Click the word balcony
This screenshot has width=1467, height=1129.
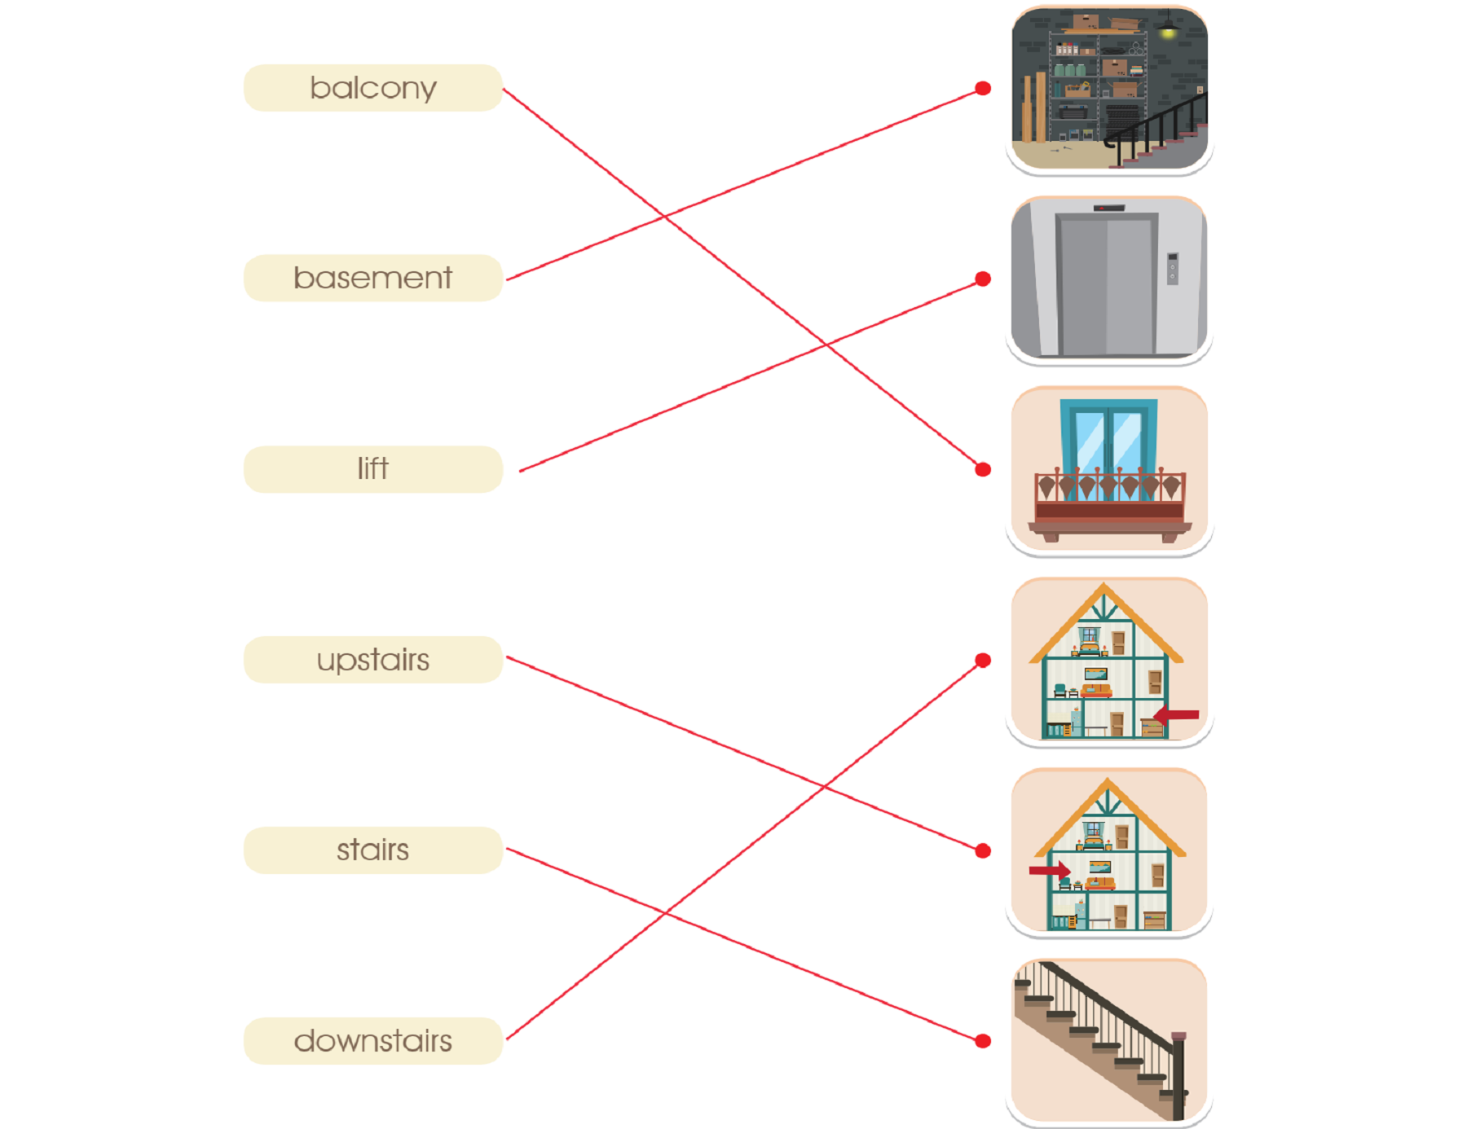pos(373,88)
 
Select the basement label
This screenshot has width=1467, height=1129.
pos(373,279)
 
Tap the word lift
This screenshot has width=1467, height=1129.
pos(373,468)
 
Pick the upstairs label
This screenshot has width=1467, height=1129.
pos(373,660)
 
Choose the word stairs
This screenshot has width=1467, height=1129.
pos(373,850)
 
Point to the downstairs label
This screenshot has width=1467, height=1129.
pos(373,1041)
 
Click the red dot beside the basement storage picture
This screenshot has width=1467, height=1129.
pos(983,88)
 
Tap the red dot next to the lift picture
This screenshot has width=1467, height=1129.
pos(983,279)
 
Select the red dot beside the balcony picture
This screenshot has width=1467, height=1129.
pos(983,469)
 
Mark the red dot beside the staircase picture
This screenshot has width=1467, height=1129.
pos(983,1041)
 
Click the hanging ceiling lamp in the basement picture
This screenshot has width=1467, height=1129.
pos(1168,27)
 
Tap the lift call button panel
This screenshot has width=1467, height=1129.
pos(1172,269)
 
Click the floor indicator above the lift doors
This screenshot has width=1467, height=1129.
pos(1108,208)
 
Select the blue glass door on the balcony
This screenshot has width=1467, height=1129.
pos(1108,440)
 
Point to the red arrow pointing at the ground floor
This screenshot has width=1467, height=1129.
pos(1175,715)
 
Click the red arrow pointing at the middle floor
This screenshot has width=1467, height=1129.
pos(1050,871)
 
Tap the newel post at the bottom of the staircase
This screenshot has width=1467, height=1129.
pos(1178,1075)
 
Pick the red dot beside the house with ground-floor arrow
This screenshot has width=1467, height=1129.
pos(983,660)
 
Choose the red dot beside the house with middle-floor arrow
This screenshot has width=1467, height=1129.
pos(983,850)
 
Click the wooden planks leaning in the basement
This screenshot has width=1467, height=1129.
pos(1034,107)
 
